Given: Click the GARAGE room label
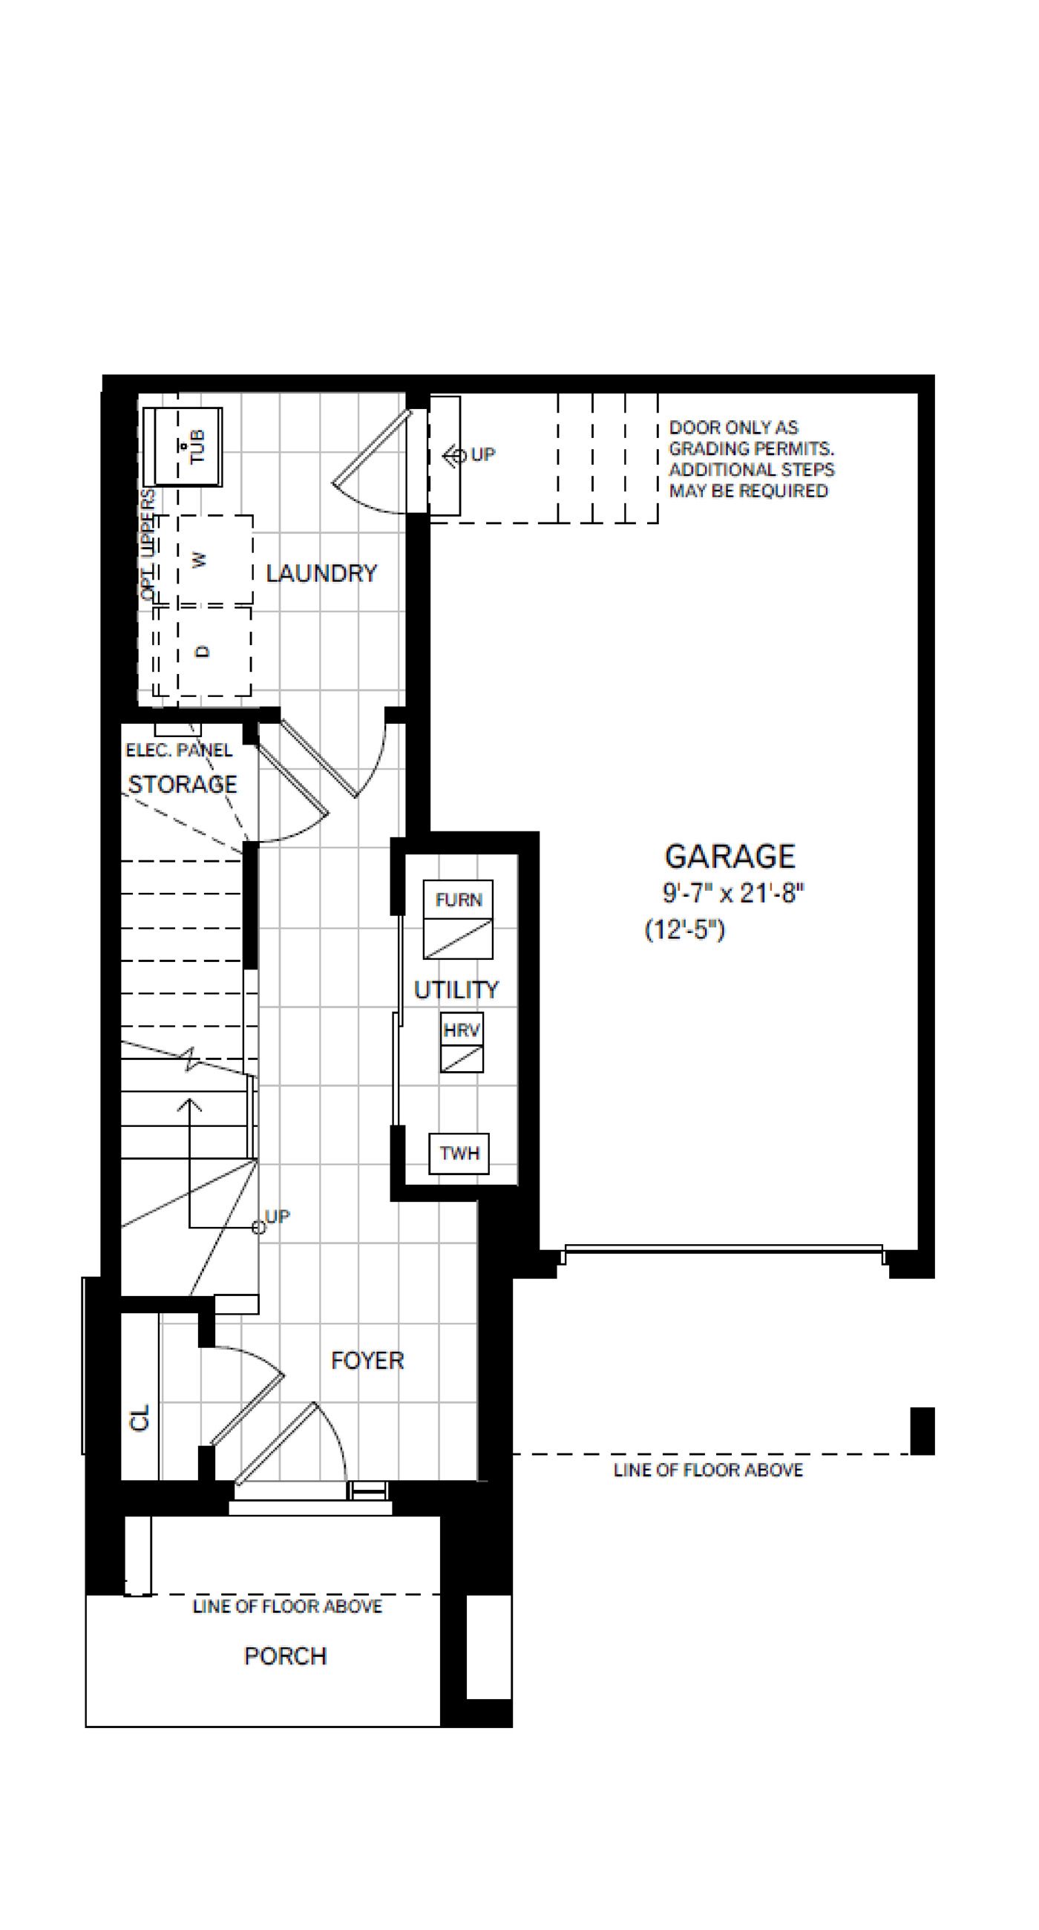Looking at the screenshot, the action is [x=730, y=856].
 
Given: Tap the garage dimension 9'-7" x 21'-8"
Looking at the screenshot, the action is [x=732, y=893].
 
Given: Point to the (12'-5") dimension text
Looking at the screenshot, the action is [x=685, y=930].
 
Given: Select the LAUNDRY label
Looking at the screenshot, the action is [x=321, y=573].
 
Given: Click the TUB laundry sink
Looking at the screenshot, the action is [x=183, y=448].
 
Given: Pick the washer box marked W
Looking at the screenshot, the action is [x=215, y=559].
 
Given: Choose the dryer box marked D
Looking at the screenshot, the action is [x=214, y=651].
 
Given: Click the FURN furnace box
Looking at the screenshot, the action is [x=459, y=919].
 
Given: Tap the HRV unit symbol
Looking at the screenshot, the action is [x=462, y=1042].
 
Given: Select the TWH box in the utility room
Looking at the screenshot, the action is [x=459, y=1153].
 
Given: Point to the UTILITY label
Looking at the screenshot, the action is [x=456, y=989].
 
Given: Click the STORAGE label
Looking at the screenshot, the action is [x=183, y=785].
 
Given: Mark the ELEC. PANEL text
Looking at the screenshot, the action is [x=179, y=750].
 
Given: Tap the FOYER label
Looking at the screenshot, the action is [x=367, y=1360].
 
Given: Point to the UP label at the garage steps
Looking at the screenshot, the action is [x=483, y=455].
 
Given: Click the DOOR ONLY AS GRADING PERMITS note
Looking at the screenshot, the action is [x=751, y=459].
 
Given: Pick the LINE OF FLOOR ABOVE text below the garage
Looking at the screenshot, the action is [x=708, y=1470].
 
